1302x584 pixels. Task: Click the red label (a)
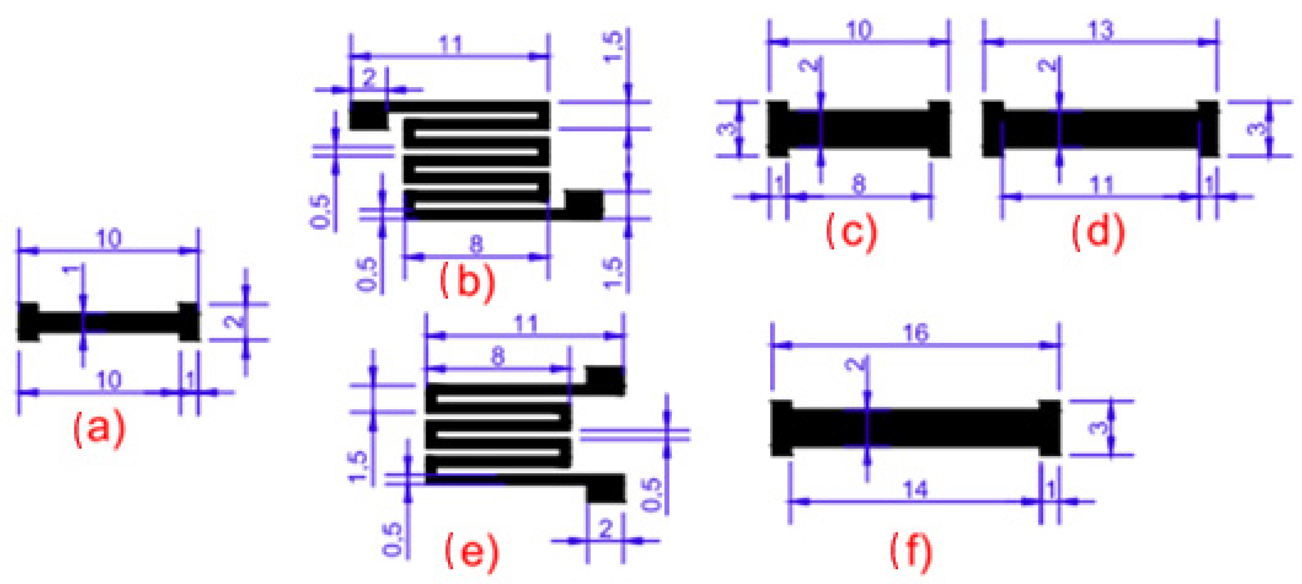pyautogui.click(x=99, y=429)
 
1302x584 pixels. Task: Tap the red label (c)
pyautogui.click(x=852, y=232)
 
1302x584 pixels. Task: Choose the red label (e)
pyautogui.click(x=471, y=553)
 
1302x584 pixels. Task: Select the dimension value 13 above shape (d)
pyautogui.click(x=1100, y=30)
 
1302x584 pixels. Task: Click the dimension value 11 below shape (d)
pyautogui.click(x=1101, y=185)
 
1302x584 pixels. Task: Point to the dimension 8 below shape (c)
pyautogui.click(x=859, y=185)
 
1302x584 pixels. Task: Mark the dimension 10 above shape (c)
pyautogui.click(x=859, y=30)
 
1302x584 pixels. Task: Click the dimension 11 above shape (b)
pyautogui.click(x=450, y=44)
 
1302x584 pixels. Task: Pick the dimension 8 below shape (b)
pyautogui.click(x=476, y=245)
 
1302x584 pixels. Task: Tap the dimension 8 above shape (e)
pyautogui.click(x=498, y=357)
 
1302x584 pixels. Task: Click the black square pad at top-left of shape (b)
pyautogui.click(x=368, y=115)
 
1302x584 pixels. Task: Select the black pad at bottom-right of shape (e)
pyautogui.click(x=605, y=488)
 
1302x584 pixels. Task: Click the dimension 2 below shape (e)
pyautogui.click(x=605, y=529)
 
